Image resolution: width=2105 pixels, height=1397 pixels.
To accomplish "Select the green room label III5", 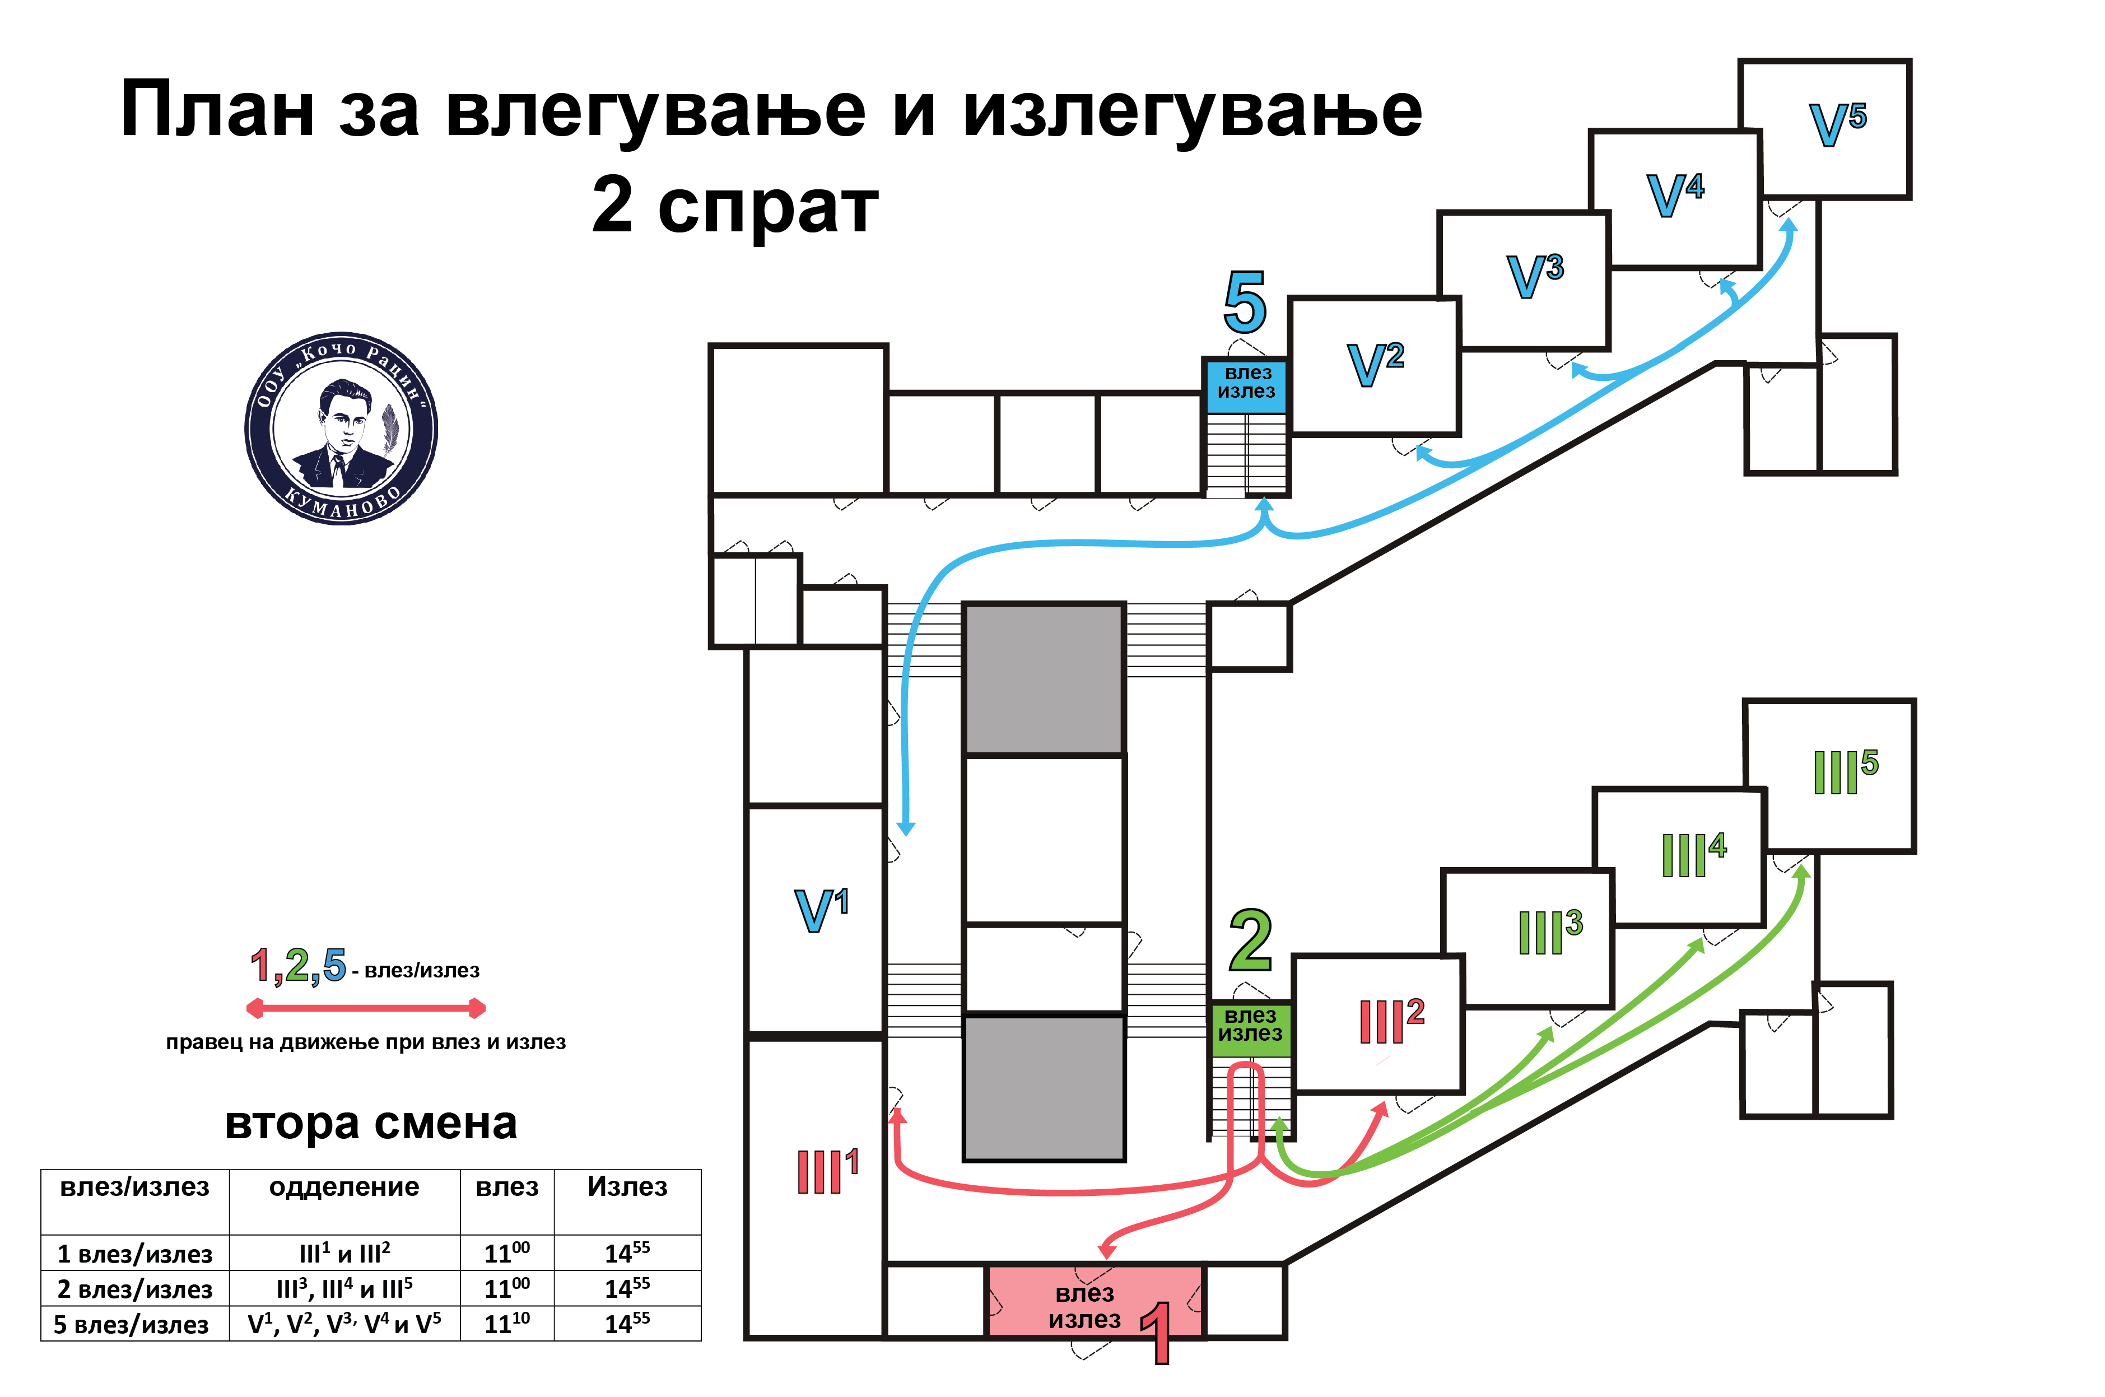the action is pyautogui.click(x=1845, y=771).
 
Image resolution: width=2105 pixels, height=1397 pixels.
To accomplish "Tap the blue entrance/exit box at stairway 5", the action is pyautogui.click(x=1246, y=386).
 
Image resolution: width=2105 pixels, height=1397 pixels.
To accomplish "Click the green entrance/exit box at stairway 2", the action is pyautogui.click(x=1250, y=1029).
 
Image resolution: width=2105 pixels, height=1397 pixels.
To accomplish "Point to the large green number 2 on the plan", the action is pyautogui.click(x=1250, y=941).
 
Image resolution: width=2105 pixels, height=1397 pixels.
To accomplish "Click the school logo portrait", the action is pyautogui.click(x=341, y=429).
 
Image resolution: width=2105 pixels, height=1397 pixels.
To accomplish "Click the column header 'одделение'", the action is pyautogui.click(x=344, y=1187).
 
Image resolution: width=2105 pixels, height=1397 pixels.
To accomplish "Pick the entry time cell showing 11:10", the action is pyautogui.click(x=507, y=1323).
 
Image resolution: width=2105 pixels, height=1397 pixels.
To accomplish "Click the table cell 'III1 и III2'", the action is pyautogui.click(x=344, y=1252).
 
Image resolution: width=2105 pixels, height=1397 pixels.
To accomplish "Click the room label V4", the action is pyautogui.click(x=1675, y=194).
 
